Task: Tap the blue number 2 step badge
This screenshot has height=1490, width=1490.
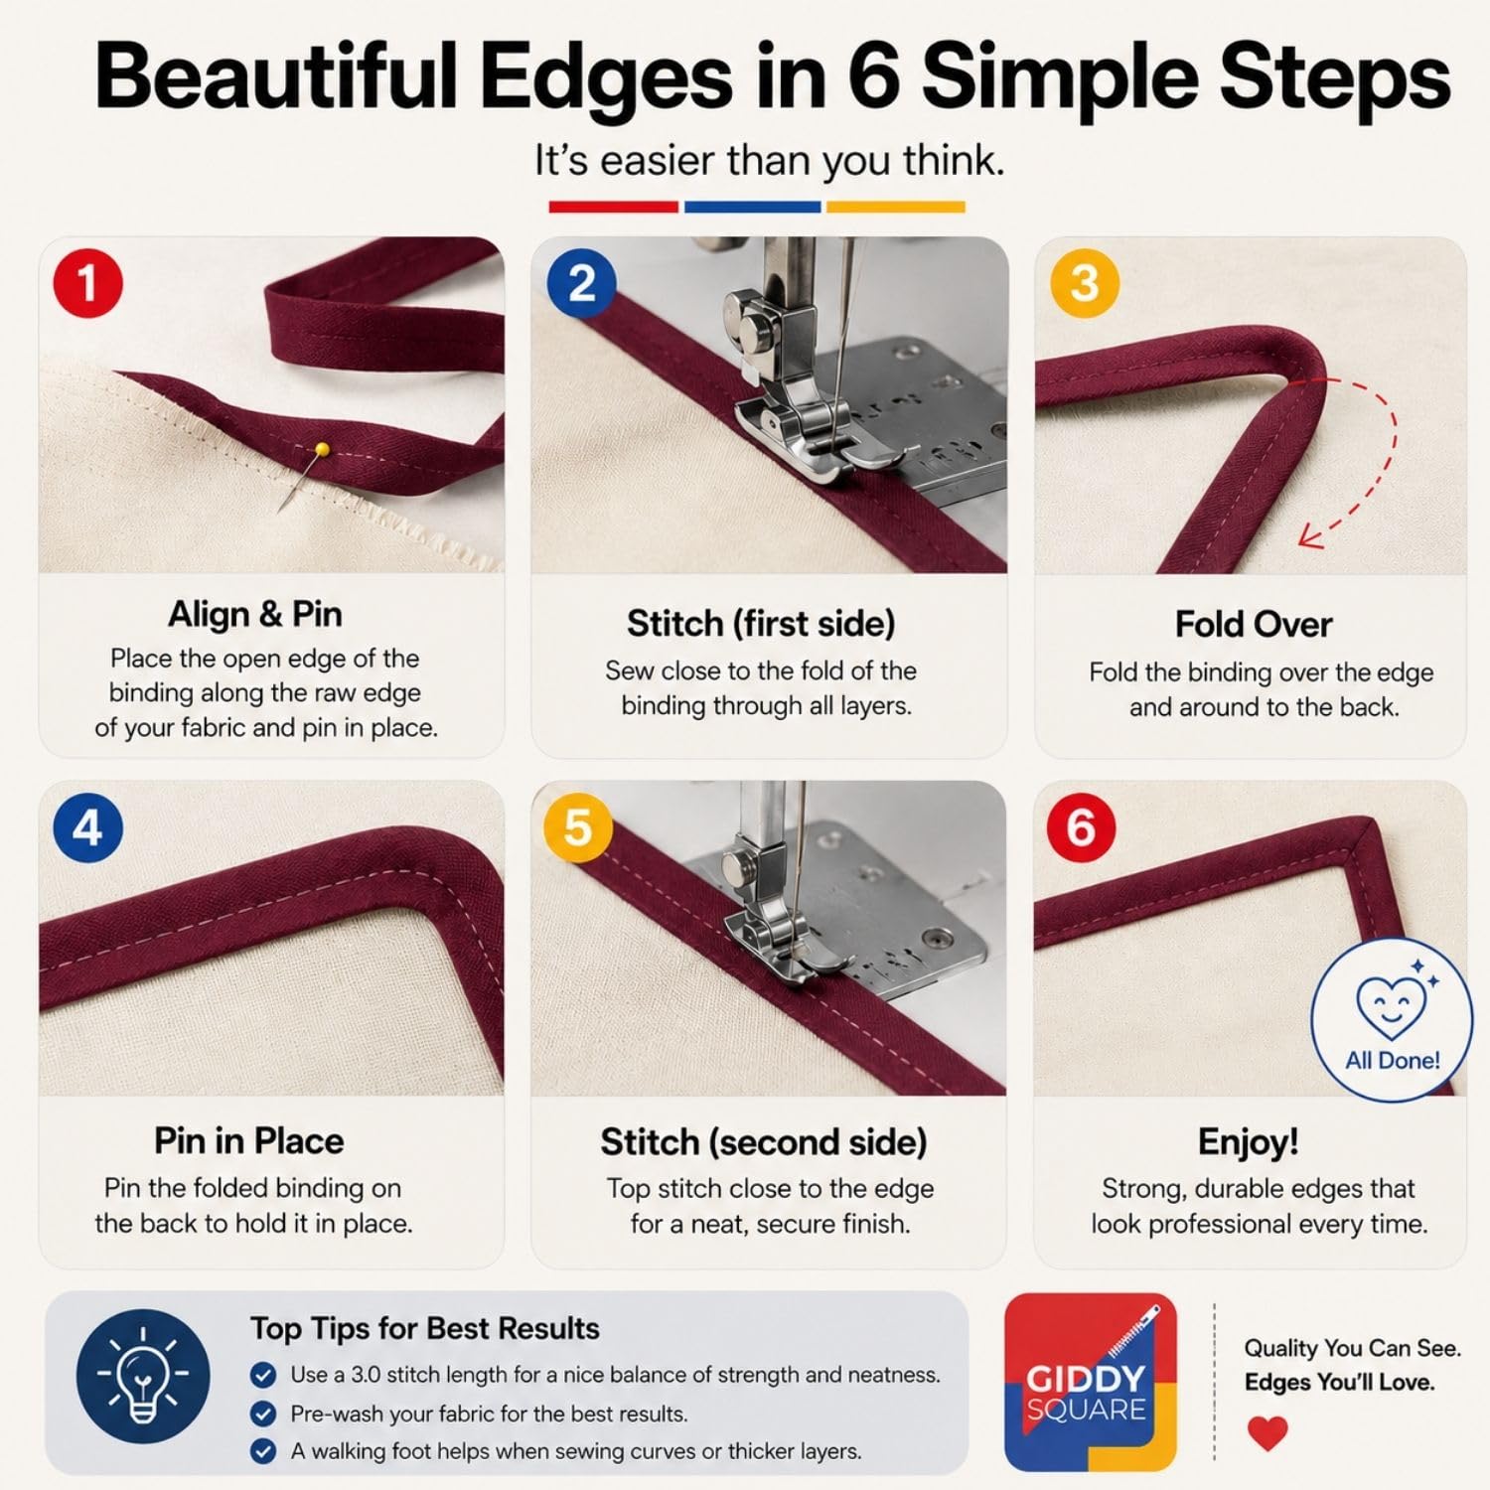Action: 582,283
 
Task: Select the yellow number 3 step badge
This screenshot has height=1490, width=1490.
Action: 1085,283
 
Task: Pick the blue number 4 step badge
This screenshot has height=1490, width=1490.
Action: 87,827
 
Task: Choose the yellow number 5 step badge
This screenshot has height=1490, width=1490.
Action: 578,827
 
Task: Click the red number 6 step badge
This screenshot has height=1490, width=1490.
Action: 1081,827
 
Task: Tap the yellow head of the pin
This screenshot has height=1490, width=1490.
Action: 322,451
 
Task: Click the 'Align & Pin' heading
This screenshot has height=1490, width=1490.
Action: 255,614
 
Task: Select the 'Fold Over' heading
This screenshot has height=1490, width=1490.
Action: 1254,624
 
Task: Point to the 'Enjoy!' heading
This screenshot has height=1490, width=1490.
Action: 1249,1141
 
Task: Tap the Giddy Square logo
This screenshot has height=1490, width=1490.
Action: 1091,1383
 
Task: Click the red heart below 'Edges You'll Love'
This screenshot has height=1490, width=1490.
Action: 1267,1433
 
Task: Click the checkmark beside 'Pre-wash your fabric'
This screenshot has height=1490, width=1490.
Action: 263,1414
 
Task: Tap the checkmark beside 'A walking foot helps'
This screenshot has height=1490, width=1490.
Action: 263,1451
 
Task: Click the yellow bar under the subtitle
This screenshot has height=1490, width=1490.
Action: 895,207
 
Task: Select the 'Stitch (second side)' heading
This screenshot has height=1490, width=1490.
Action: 764,1142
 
